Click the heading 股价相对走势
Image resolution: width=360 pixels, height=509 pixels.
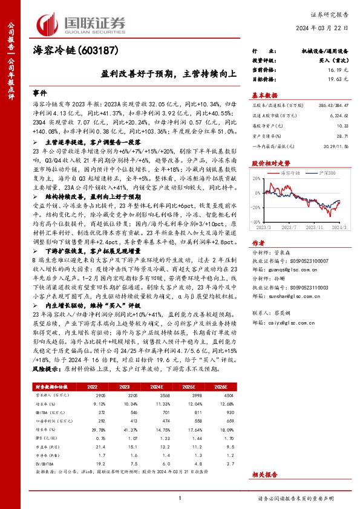click(x=271, y=163)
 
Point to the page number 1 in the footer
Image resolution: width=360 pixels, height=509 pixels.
click(x=180, y=498)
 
